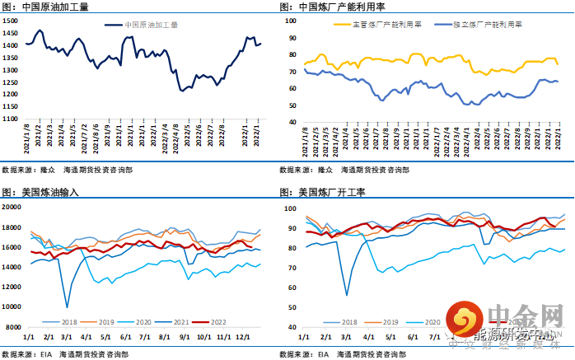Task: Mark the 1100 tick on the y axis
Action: click(x=13, y=119)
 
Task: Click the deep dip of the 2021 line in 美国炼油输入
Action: click(x=67, y=306)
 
